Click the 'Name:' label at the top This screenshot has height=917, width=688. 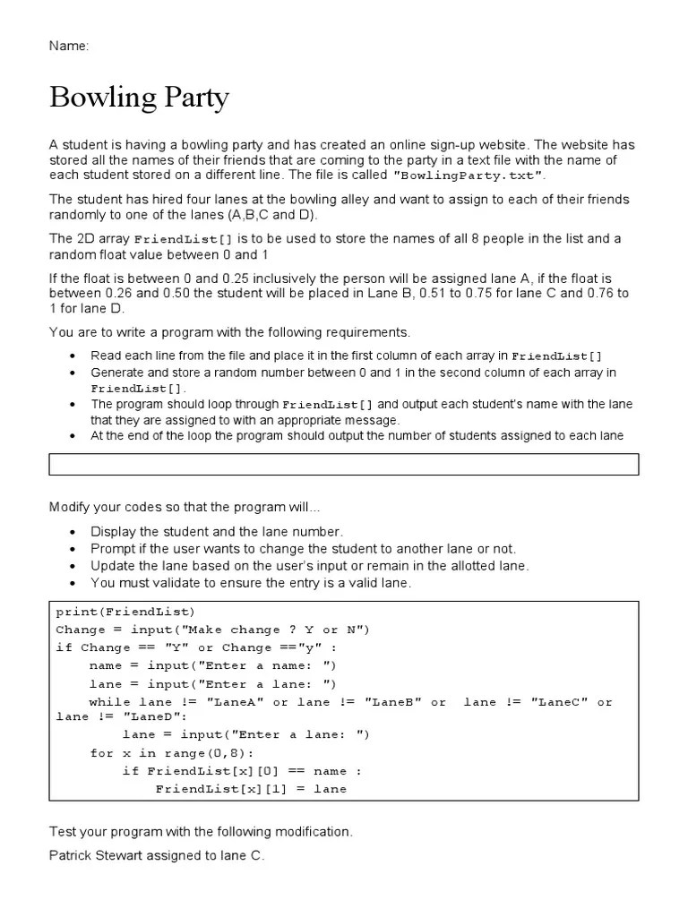point(68,46)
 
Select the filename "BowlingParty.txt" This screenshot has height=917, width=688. point(468,176)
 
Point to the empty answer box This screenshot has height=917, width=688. point(344,464)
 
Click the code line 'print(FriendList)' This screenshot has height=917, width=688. point(125,612)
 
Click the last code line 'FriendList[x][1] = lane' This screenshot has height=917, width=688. point(251,789)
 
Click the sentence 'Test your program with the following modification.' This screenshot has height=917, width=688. point(201,832)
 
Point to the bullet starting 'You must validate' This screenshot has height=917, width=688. point(251,583)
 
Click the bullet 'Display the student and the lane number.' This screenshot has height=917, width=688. point(217,531)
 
